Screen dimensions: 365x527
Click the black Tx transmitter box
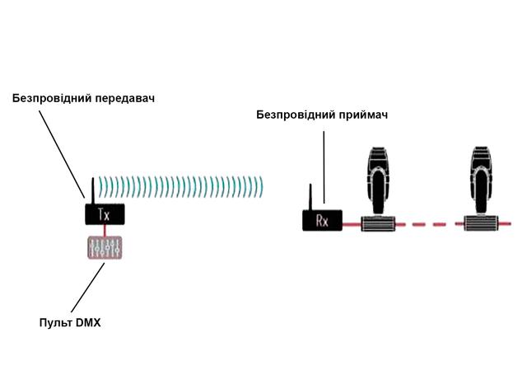click(104, 214)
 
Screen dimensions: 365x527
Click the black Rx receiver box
click(322, 220)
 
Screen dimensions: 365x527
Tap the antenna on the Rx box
click(310, 197)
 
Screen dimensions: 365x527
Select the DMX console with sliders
click(105, 248)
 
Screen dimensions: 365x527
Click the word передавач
click(124, 98)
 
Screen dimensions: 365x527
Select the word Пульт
click(55, 321)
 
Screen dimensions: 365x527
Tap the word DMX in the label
click(87, 321)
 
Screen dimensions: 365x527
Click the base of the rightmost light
click(483, 222)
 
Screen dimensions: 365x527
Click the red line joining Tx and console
click(105, 230)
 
